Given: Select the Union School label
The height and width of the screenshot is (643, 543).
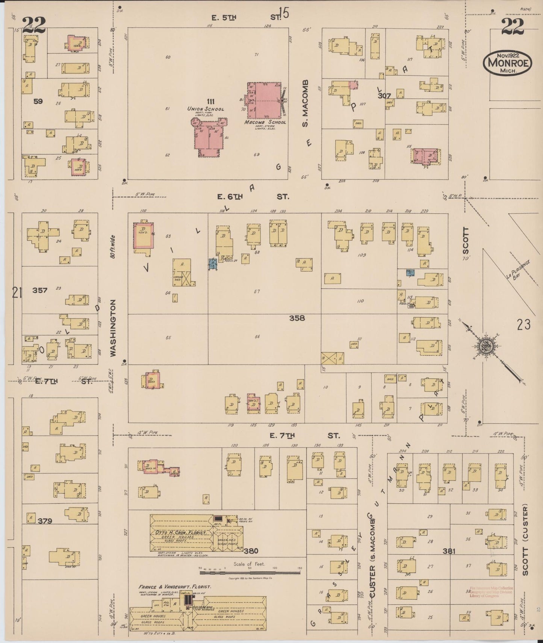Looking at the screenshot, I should (x=206, y=109).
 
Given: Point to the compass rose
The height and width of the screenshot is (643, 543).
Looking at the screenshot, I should (x=486, y=346).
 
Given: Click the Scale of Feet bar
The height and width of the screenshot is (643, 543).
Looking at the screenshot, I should (x=250, y=573).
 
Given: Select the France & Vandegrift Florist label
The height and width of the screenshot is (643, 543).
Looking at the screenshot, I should (x=174, y=586).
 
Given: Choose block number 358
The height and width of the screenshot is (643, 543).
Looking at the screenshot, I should (x=297, y=318).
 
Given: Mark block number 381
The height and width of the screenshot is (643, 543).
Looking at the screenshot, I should (x=449, y=551).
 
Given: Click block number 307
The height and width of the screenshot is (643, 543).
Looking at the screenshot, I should (x=385, y=96).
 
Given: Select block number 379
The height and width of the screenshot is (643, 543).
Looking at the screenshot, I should (x=45, y=521).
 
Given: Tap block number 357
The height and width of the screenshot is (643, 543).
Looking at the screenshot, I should (x=39, y=290).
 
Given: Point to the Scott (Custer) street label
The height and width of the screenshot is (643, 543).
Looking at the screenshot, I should (x=525, y=540).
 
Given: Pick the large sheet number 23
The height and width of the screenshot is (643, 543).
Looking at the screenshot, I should (x=523, y=324).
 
